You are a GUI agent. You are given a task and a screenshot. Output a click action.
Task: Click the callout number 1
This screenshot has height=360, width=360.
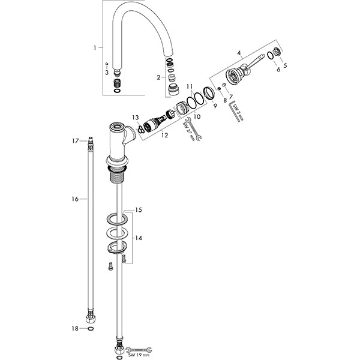point(95,48)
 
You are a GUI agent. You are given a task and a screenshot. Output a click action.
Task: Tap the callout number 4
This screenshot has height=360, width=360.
point(239,53)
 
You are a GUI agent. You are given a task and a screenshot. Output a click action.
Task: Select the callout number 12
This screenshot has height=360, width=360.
point(164,135)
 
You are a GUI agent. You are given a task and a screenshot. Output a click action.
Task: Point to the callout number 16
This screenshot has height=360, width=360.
point(75,199)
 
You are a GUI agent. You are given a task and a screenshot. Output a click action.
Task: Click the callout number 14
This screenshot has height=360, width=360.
point(139,238)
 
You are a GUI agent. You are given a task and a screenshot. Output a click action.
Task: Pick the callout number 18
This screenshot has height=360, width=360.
point(75,329)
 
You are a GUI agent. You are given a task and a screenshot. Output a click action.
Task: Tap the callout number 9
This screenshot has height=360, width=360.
point(215,106)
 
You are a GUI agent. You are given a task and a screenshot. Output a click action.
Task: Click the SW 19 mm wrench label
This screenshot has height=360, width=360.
point(138,355)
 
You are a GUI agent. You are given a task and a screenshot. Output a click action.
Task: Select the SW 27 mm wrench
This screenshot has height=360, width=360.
point(193,128)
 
